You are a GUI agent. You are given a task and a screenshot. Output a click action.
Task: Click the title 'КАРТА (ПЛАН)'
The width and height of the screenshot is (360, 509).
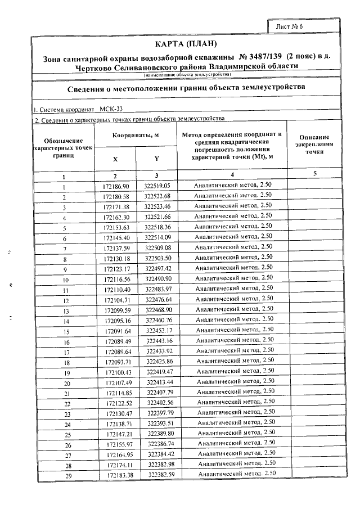pos(185,44)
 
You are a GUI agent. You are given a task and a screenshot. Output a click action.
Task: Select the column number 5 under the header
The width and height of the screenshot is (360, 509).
pos(315,174)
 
